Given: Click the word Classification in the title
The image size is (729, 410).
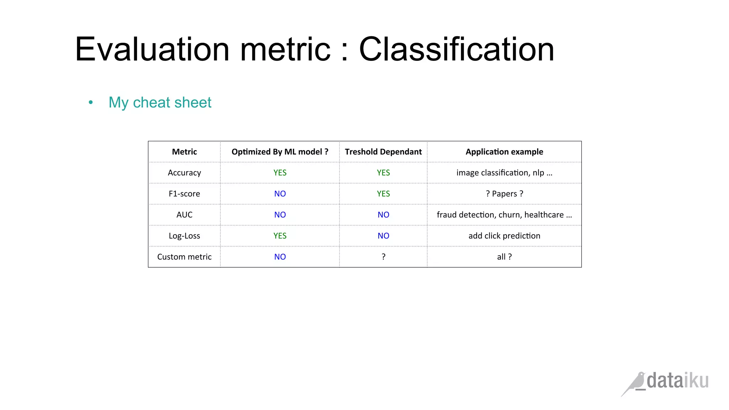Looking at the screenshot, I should pos(456,49).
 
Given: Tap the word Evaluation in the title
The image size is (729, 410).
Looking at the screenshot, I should pos(152,49).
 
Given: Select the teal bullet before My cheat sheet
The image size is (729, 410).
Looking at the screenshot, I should pos(91,102).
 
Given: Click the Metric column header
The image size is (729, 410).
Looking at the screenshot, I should pos(184,152).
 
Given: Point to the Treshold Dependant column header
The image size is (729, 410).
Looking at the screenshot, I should pos(383,152).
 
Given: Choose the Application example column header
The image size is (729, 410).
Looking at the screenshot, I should pos(504,152).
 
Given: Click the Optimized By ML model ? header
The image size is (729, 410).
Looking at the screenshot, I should pos(280,152).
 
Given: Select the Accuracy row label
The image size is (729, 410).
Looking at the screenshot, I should pos(184,173).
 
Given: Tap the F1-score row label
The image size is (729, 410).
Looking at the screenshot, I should pos(184,194).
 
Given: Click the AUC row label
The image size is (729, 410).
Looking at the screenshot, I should pos(184,215).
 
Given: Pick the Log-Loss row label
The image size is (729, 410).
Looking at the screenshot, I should pos(184,236).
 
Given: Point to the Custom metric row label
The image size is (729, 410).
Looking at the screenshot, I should pos(184,257).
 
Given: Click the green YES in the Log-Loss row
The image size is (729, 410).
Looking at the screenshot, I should pos(280,236).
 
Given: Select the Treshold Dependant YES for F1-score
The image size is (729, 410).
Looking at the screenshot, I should pos(383,194).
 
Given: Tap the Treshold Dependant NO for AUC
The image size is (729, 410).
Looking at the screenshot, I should pos(383,215).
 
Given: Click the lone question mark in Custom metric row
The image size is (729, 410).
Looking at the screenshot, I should pos(383,257).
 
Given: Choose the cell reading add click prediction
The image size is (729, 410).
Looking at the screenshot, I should pos(504,236).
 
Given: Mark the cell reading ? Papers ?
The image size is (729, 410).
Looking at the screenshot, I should pos(504,194).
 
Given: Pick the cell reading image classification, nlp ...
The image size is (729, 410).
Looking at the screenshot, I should pos(504,173).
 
